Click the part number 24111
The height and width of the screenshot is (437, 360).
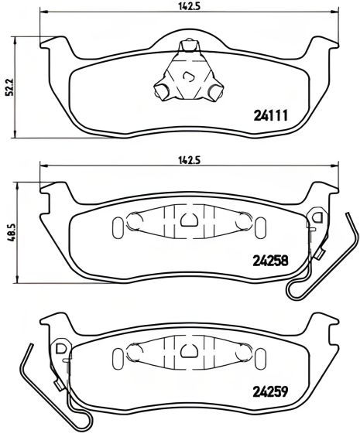tap(270, 117)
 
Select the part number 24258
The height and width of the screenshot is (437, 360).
tap(270, 261)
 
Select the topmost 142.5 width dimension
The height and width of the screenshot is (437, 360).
tap(184, 8)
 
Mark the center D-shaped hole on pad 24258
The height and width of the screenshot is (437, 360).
tap(187, 220)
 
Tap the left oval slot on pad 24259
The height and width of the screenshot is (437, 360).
tap(118, 357)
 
